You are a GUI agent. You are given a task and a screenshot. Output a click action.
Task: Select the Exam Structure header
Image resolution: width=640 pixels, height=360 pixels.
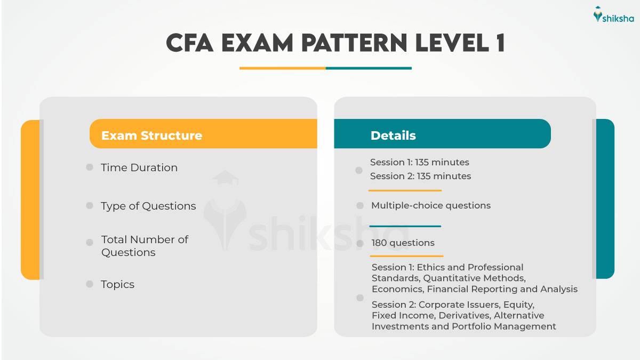151,135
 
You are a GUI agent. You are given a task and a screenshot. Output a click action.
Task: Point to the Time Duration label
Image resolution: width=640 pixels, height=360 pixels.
139,167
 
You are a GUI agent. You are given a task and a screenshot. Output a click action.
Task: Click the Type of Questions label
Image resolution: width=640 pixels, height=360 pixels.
148,206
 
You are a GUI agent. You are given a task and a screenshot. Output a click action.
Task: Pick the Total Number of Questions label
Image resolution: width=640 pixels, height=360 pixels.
145,246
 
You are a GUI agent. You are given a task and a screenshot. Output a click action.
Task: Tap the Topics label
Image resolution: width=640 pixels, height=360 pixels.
117,284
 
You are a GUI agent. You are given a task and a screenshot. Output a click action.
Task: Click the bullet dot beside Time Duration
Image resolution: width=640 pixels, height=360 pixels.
90,167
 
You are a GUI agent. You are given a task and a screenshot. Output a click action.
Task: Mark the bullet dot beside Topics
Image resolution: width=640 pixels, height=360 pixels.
90,284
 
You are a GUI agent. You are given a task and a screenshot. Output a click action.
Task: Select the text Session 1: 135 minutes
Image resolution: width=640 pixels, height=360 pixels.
419,162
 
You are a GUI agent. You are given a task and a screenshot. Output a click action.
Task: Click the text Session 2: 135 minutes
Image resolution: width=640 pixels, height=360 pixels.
420,176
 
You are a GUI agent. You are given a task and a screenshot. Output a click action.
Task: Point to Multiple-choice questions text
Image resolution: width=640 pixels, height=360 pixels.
430,205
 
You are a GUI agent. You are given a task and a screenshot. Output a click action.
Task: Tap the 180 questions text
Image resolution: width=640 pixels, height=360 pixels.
403,243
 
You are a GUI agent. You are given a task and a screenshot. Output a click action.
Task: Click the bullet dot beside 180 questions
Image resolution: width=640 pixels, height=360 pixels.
360,243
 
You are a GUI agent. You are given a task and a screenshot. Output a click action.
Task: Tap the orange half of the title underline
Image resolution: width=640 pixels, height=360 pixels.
282,68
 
